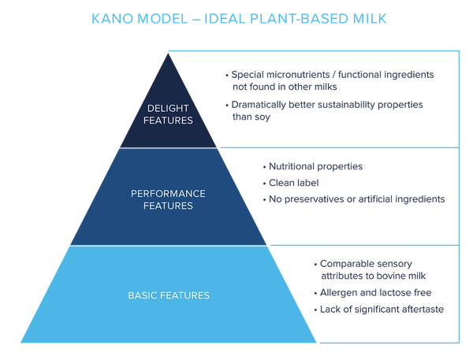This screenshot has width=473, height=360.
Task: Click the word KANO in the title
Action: [112, 19]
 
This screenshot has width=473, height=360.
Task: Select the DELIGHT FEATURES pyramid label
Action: [168, 114]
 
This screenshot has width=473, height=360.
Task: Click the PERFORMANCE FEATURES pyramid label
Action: [168, 199]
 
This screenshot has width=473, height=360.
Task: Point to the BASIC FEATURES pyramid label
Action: [169, 295]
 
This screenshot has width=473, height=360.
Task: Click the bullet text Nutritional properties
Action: [315, 166]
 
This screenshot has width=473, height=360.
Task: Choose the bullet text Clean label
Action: [293, 183]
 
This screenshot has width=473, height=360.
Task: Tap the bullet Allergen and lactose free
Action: [375, 292]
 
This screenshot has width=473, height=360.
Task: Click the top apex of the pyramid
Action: [169, 53]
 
